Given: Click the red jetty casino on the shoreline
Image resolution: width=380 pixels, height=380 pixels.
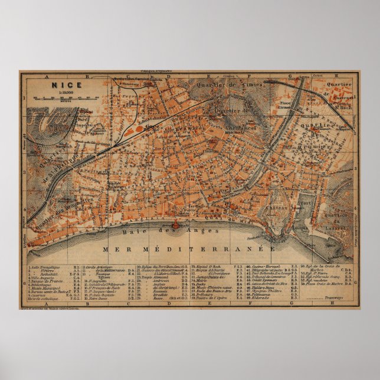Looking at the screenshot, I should (x=175, y=226).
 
